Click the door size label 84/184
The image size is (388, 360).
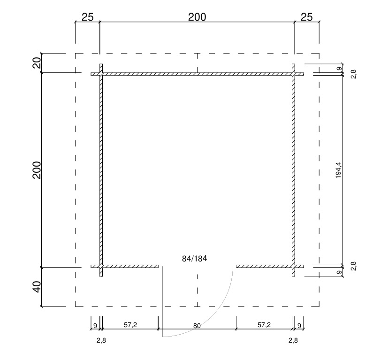point(195,259)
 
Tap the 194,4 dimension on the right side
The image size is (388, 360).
point(338,170)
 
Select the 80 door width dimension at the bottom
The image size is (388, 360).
point(197,326)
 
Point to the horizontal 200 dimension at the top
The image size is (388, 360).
point(197,17)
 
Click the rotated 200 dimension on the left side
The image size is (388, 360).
point(37,170)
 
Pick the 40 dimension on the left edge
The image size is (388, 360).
point(37,287)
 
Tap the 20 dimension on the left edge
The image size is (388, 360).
point(37,63)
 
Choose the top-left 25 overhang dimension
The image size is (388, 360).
point(88,17)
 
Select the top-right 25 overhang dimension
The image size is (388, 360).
point(307,17)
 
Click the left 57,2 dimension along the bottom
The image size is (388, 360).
point(130,325)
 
